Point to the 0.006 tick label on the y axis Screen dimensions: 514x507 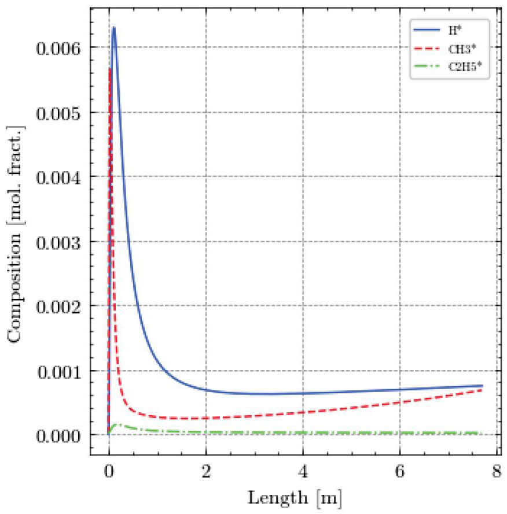(x=58, y=48)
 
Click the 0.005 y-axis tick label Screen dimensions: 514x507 (x=58, y=113)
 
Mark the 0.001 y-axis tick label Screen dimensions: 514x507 (x=58, y=371)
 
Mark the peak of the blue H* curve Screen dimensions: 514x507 (x=113, y=27)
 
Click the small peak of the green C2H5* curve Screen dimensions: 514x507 (x=118, y=424)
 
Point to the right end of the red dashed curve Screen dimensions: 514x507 (x=482, y=390)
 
